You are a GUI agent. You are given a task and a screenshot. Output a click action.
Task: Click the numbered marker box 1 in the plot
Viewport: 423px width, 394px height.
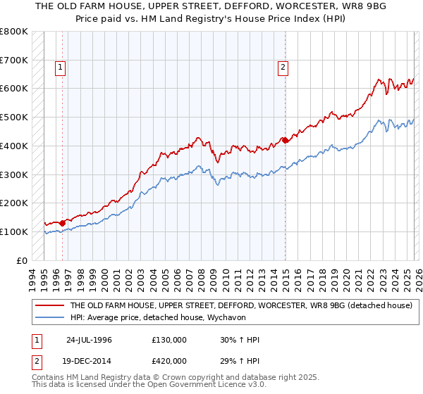click(x=60, y=68)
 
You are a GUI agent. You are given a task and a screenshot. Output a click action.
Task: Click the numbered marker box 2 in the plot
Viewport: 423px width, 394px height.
click(x=283, y=68)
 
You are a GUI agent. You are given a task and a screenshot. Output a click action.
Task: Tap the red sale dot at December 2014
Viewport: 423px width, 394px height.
click(x=286, y=140)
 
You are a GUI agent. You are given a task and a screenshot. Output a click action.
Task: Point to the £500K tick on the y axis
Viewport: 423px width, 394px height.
click(x=14, y=117)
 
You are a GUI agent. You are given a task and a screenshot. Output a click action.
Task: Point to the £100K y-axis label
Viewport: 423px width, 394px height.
click(x=14, y=231)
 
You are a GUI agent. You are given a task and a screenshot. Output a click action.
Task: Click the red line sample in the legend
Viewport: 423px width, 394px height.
click(x=49, y=306)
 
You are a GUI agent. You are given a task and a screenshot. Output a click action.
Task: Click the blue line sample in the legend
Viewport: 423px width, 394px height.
click(x=49, y=317)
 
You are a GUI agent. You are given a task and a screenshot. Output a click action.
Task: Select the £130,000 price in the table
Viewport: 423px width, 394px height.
click(x=169, y=340)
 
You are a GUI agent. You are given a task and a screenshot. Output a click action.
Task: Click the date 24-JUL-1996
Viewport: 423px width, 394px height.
click(x=89, y=340)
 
